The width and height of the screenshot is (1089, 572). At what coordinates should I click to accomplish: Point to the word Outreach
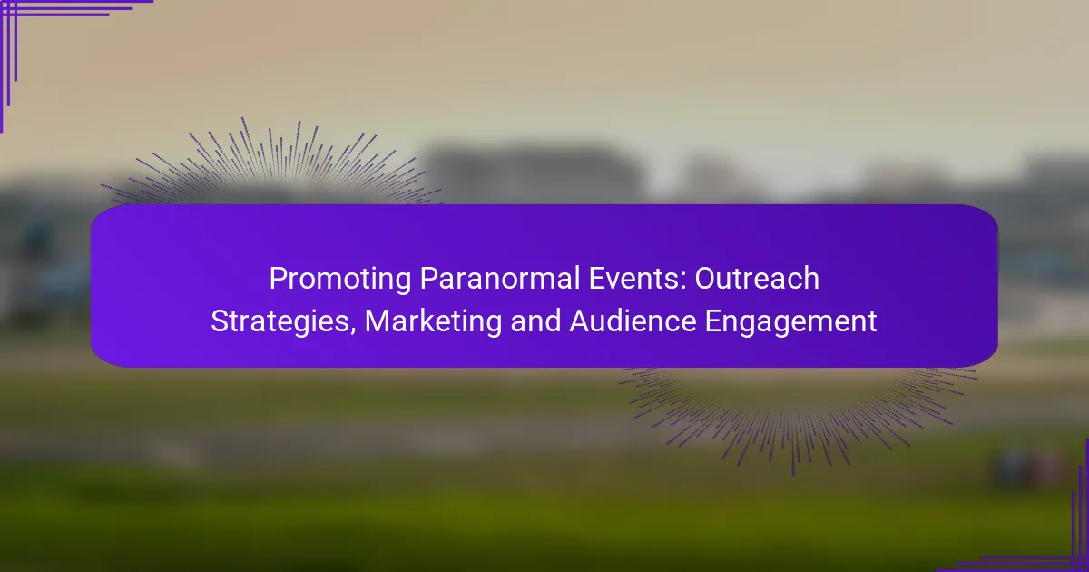pos(757,280)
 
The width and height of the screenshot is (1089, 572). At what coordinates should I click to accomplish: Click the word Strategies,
pos(284,321)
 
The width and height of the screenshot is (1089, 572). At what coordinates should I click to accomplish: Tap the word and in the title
pos(529,321)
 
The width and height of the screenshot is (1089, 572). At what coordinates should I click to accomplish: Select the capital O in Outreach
pos(706,280)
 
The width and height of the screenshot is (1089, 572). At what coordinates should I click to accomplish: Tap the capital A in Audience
pos(578,321)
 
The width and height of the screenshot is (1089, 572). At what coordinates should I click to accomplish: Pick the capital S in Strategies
pos(219,321)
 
